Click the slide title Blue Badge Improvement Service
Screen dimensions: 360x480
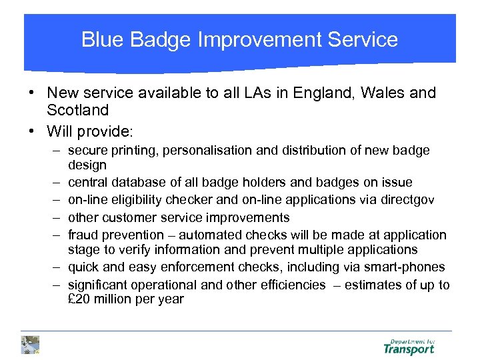pos(239,39)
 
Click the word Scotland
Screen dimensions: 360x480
pos(77,109)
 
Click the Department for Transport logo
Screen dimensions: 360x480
pos(409,346)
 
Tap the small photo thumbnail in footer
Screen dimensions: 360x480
pos(30,345)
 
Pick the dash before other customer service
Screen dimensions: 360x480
pos(58,217)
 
